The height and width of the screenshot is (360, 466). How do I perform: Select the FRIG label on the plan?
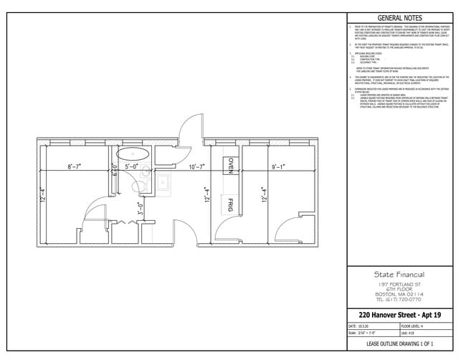pyautogui.click(x=231, y=202)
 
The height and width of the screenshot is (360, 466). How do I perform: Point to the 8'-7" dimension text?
pyautogui.click(x=75, y=167)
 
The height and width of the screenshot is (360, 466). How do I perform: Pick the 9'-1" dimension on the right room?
pyautogui.click(x=278, y=167)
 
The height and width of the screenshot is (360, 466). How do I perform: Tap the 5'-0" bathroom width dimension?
pyautogui.click(x=132, y=167)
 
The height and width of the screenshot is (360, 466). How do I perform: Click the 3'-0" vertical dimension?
pyautogui.click(x=141, y=209)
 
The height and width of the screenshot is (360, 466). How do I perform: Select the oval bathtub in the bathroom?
pyautogui.click(x=131, y=153)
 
